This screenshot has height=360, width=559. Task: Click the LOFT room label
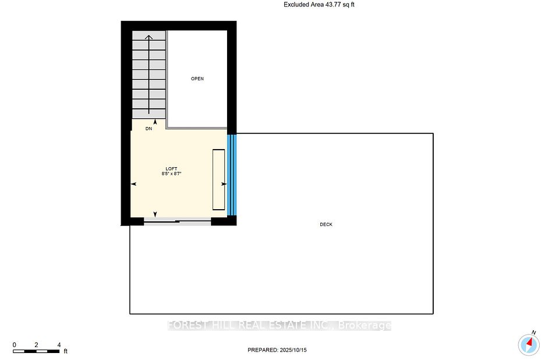[x=171, y=169]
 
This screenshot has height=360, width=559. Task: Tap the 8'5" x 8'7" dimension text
[x=171, y=174]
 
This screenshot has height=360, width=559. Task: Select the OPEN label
[x=197, y=79]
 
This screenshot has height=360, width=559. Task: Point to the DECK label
[x=326, y=224]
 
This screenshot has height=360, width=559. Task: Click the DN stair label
[x=148, y=128]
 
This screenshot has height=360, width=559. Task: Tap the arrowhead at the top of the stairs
[x=148, y=37]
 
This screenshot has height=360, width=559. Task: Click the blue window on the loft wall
[x=232, y=175]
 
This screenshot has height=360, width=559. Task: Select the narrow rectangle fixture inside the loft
[x=218, y=179]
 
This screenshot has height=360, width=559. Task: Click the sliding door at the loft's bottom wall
[x=177, y=221]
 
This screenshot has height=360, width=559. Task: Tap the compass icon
[x=529, y=345]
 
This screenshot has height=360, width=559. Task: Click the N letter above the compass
[x=534, y=333]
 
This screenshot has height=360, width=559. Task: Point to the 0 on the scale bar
[x=14, y=345]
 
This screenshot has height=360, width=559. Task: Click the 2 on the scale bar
[x=36, y=345]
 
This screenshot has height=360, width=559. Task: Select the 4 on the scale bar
[x=59, y=345]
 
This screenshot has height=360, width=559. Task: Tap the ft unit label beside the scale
[x=66, y=351]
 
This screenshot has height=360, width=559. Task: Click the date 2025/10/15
[x=293, y=350]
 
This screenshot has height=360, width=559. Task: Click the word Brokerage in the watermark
[x=365, y=326]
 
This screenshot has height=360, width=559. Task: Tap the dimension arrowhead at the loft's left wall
[x=134, y=184]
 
